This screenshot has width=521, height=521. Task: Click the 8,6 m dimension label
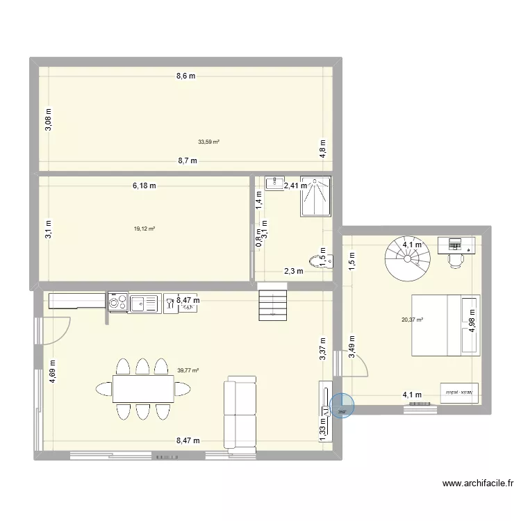pos(185,76)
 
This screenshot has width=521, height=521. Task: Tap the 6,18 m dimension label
pos(144,185)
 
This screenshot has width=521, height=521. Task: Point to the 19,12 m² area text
pos(144,229)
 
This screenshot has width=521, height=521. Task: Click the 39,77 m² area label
pos(188,371)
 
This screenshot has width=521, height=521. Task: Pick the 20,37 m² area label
pos(411,320)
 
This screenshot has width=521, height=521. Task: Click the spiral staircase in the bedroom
pos(408,255)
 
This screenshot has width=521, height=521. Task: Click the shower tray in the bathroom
pos(316,197)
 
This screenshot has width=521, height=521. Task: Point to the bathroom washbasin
pos(274,183)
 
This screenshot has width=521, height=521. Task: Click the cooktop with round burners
pos(117,303)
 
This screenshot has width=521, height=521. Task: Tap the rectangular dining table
pos(143,389)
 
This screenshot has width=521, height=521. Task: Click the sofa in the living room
pos(239,413)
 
